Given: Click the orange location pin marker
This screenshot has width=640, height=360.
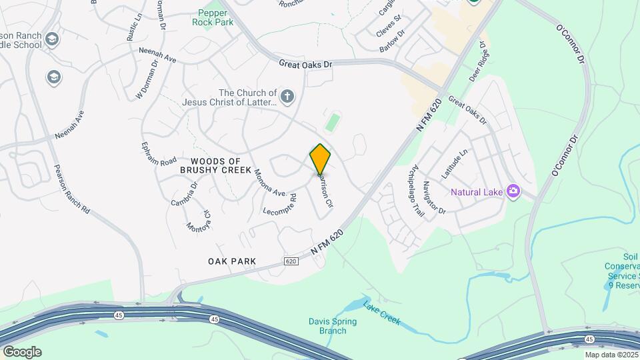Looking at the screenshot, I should pyautogui.click(x=320, y=159).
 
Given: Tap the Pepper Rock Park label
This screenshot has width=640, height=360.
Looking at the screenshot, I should pyautogui.click(x=214, y=17).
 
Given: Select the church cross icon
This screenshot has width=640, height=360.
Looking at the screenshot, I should pyautogui.click(x=287, y=97).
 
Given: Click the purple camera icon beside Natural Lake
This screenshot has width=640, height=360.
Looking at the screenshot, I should pyautogui.click(x=513, y=192).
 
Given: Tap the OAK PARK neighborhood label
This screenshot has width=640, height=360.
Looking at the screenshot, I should pyautogui.click(x=233, y=261).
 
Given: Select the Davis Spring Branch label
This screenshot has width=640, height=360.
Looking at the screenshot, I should pyautogui.click(x=333, y=326).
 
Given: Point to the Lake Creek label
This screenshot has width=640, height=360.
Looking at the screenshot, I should pyautogui.click(x=381, y=312).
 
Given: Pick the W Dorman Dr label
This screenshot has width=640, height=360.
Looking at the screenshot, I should pyautogui.click(x=147, y=81).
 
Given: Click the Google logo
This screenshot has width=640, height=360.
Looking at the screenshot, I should pyautogui.click(x=22, y=352).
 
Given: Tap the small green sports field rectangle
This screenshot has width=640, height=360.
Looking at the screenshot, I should pyautogui.click(x=332, y=122).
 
